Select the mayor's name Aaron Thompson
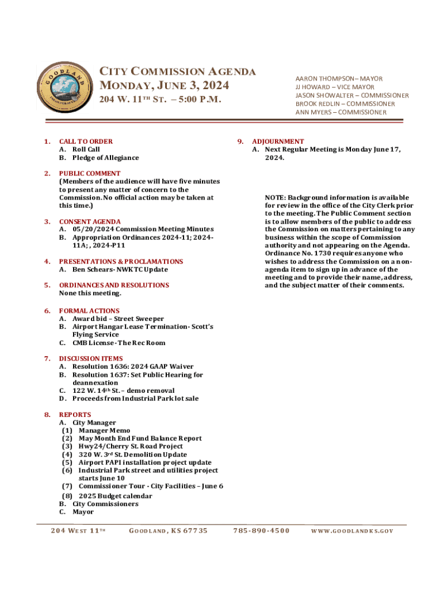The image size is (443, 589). point(323,78)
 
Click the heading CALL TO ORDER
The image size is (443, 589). point(86,141)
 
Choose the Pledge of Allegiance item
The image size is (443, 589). point(105,158)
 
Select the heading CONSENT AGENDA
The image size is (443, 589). point(90,221)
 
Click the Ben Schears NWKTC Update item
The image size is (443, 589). point(120,270)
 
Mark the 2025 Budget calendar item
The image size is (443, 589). point(115,496)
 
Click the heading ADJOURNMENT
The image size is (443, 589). point(278,141)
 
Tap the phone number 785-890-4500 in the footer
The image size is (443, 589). point(261,531)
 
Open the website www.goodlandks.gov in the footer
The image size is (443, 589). point(352,531)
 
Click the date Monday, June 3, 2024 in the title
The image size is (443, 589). point(165,86)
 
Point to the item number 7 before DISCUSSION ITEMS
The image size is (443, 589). point(47,358)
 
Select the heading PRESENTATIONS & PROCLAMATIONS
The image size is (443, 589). point(121,262)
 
